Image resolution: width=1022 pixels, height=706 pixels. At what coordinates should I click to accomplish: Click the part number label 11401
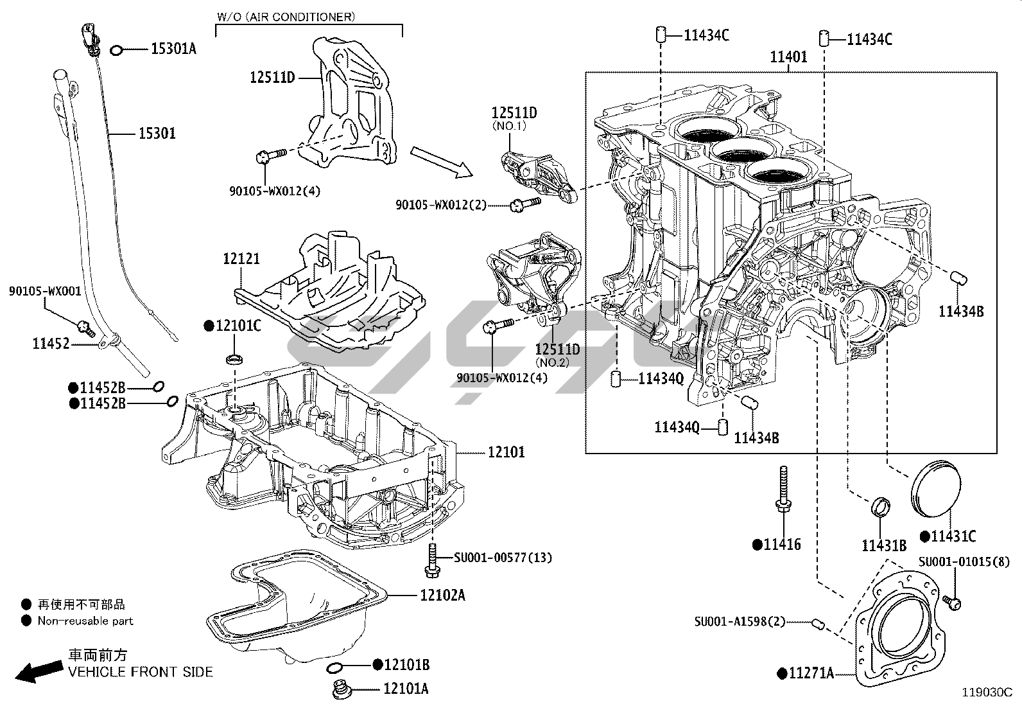click(788, 57)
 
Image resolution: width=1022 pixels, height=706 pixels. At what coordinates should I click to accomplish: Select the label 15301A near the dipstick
click(173, 49)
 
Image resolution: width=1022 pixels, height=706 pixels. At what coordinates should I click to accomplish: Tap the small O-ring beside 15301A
click(117, 49)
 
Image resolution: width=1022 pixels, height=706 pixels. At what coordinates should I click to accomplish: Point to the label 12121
click(241, 259)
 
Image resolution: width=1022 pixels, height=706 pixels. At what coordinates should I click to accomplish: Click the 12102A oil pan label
click(442, 595)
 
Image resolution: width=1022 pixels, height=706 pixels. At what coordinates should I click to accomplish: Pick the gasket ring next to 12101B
click(335, 669)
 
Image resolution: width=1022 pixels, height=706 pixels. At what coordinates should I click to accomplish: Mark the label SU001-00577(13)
click(503, 558)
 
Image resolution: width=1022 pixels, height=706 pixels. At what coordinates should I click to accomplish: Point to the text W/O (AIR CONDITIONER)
click(285, 17)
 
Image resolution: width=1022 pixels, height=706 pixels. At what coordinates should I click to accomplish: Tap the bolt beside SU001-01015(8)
click(953, 603)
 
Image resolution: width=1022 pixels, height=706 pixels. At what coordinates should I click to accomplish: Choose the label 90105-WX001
click(45, 291)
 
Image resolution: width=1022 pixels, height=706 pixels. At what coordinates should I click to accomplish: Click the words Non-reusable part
click(85, 621)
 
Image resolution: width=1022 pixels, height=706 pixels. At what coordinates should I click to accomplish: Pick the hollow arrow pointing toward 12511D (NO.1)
click(441, 161)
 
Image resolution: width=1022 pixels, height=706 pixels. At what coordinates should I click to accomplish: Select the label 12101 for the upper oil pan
click(506, 452)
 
